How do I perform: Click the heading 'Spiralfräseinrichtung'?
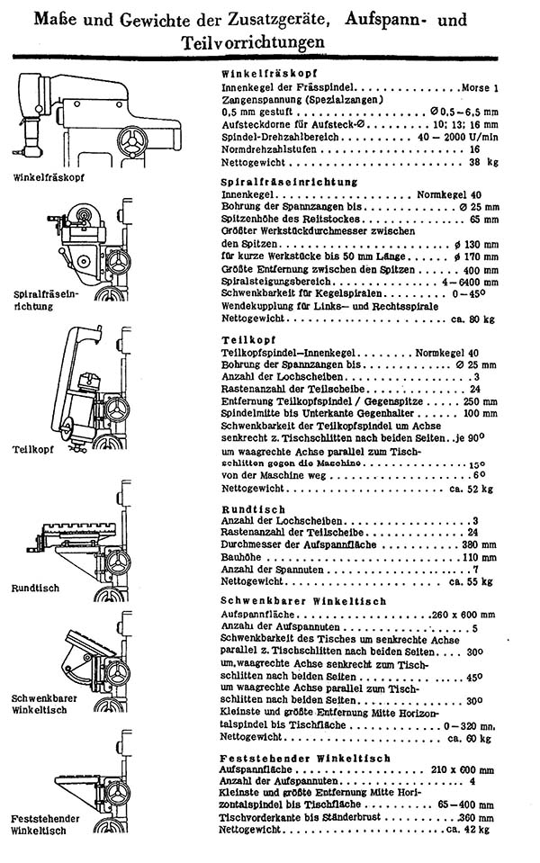288,182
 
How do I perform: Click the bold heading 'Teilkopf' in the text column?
247,338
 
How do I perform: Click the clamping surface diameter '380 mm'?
472,545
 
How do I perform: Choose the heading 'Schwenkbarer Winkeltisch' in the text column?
303,600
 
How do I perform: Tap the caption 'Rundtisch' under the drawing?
35,589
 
